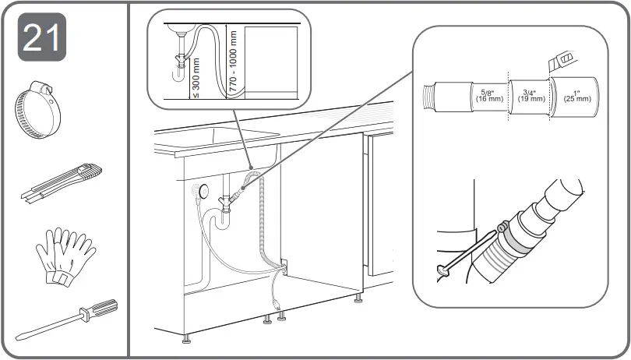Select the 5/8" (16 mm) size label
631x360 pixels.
(488, 95)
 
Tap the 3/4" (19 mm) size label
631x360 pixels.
(531, 95)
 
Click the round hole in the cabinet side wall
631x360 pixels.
(204, 190)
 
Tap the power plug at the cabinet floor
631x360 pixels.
(275, 297)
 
